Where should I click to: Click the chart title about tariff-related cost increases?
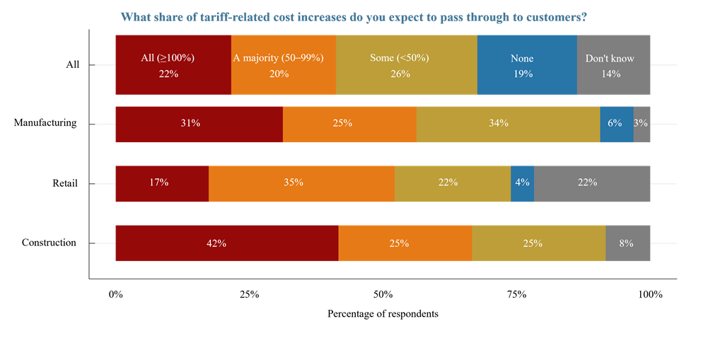[x=354, y=17]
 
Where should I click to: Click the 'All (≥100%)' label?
[x=168, y=58]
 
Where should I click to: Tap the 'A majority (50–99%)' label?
[x=284, y=58]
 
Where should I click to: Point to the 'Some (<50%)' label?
[x=400, y=58]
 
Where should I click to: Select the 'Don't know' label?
[x=610, y=58]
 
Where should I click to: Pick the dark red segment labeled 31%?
[x=199, y=124]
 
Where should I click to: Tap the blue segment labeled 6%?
[x=616, y=124]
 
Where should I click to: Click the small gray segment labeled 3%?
[x=642, y=124]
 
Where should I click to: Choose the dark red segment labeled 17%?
[x=162, y=183]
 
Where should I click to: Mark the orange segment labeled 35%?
[x=301, y=183]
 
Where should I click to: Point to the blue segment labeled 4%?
[x=522, y=183]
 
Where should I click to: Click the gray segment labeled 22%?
[x=592, y=183]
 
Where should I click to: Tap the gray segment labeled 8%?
[x=627, y=243]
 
